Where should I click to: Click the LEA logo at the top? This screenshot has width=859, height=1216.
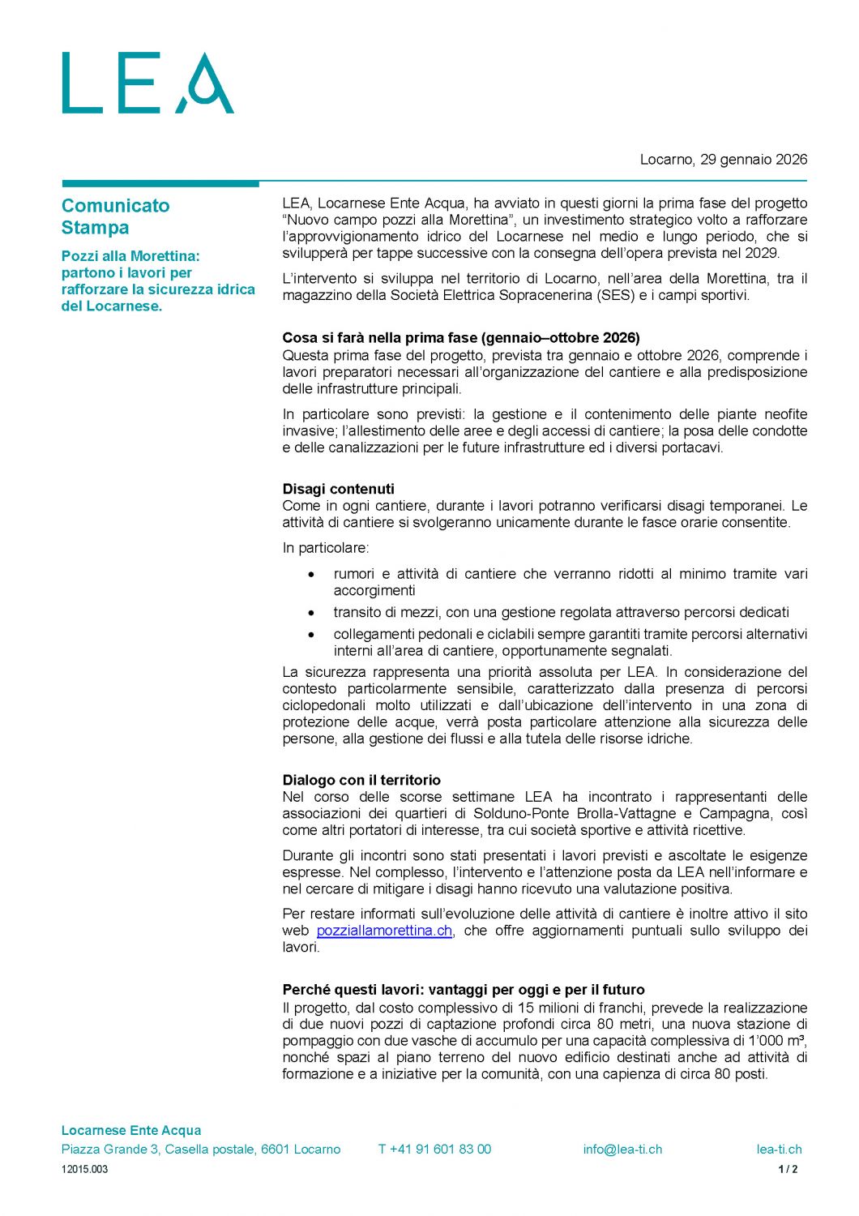pyautogui.click(x=147, y=83)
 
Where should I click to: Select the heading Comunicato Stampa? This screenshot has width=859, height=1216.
pyautogui.click(x=115, y=216)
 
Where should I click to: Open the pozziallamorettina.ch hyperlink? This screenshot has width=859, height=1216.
pyautogui.click(x=384, y=931)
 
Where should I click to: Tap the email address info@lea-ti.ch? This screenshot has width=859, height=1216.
pyautogui.click(x=622, y=1150)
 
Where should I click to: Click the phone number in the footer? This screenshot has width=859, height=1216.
pyautogui.click(x=434, y=1150)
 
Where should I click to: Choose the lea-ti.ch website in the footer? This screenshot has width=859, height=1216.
pyautogui.click(x=779, y=1150)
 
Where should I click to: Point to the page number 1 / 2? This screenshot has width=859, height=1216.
pyautogui.click(x=788, y=1169)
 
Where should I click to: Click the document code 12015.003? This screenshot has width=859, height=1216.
pyautogui.click(x=84, y=1169)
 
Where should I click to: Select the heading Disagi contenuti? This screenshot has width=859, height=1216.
pyautogui.click(x=338, y=489)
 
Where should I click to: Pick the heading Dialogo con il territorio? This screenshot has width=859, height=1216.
pyautogui.click(x=361, y=780)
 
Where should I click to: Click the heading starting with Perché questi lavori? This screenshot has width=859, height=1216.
pyautogui.click(x=464, y=990)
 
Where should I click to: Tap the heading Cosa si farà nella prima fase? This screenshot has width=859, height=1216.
pyautogui.click(x=460, y=338)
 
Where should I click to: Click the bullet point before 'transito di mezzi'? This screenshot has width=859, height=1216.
pyautogui.click(x=311, y=613)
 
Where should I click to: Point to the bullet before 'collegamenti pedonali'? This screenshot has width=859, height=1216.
pyautogui.click(x=311, y=635)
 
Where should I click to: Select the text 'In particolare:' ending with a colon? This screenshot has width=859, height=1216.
pyautogui.click(x=325, y=548)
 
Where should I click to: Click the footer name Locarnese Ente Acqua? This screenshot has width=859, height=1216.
pyautogui.click(x=131, y=1130)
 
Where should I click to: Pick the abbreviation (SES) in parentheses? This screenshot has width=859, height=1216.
pyautogui.click(x=616, y=295)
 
